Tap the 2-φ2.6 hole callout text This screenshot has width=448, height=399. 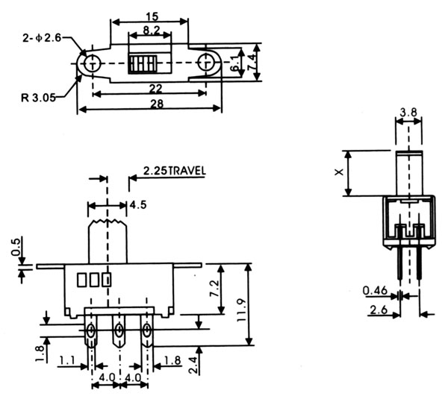point(43,36)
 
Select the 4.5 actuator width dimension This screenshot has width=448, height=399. point(137,205)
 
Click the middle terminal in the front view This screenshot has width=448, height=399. point(119,331)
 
